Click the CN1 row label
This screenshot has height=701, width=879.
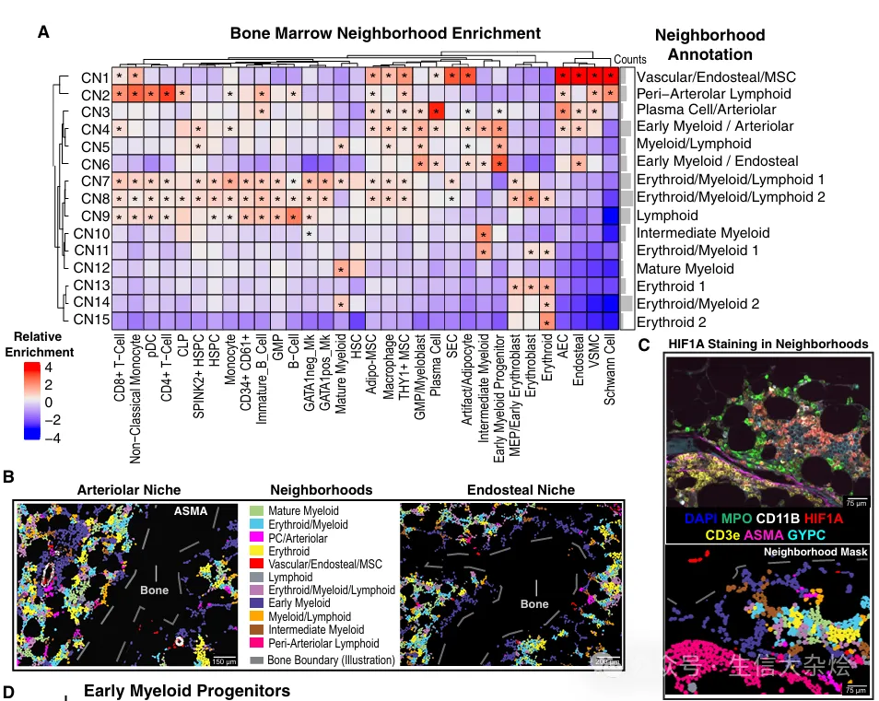click(95, 77)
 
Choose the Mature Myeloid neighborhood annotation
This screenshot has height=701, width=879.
click(685, 269)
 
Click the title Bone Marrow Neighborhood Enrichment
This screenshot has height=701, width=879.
click(385, 34)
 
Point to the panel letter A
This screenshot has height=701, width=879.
click(43, 32)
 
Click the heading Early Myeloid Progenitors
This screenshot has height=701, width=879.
click(187, 690)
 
